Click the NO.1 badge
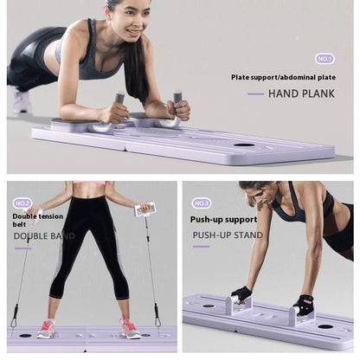pos(325,59)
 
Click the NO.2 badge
pos(22,202)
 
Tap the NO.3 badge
pos(202,202)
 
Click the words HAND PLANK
pos(301,93)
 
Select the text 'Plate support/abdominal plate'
pos(283,77)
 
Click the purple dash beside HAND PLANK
pos(255,93)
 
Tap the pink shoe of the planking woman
pos(22,102)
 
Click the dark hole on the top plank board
pos(244,145)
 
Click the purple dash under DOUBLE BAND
pos(23,247)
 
